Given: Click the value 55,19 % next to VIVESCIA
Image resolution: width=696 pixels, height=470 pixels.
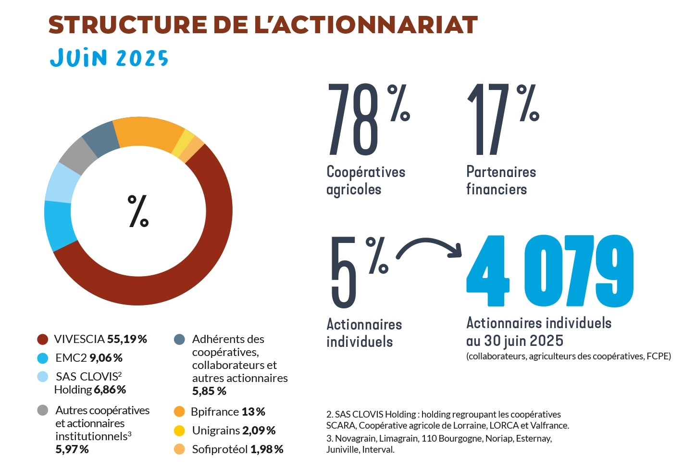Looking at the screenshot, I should coord(127,339).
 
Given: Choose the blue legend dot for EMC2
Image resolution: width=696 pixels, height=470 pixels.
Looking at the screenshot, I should coord(43,358).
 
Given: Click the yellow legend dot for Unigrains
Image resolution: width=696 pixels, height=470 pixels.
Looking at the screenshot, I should coord(179,431).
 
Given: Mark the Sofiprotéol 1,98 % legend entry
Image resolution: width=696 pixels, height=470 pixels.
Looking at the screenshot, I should coord(237,449).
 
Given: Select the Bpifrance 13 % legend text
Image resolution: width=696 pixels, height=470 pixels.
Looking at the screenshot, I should coord(228,412).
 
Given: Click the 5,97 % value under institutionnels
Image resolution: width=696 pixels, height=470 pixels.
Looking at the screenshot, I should coord(72,449).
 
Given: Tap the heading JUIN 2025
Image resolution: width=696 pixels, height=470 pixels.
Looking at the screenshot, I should coord(109,58).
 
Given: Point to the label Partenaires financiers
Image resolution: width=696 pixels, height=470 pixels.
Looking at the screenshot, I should coord(500,180).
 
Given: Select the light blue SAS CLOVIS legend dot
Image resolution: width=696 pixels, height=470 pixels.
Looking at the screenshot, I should coord(43,377).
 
